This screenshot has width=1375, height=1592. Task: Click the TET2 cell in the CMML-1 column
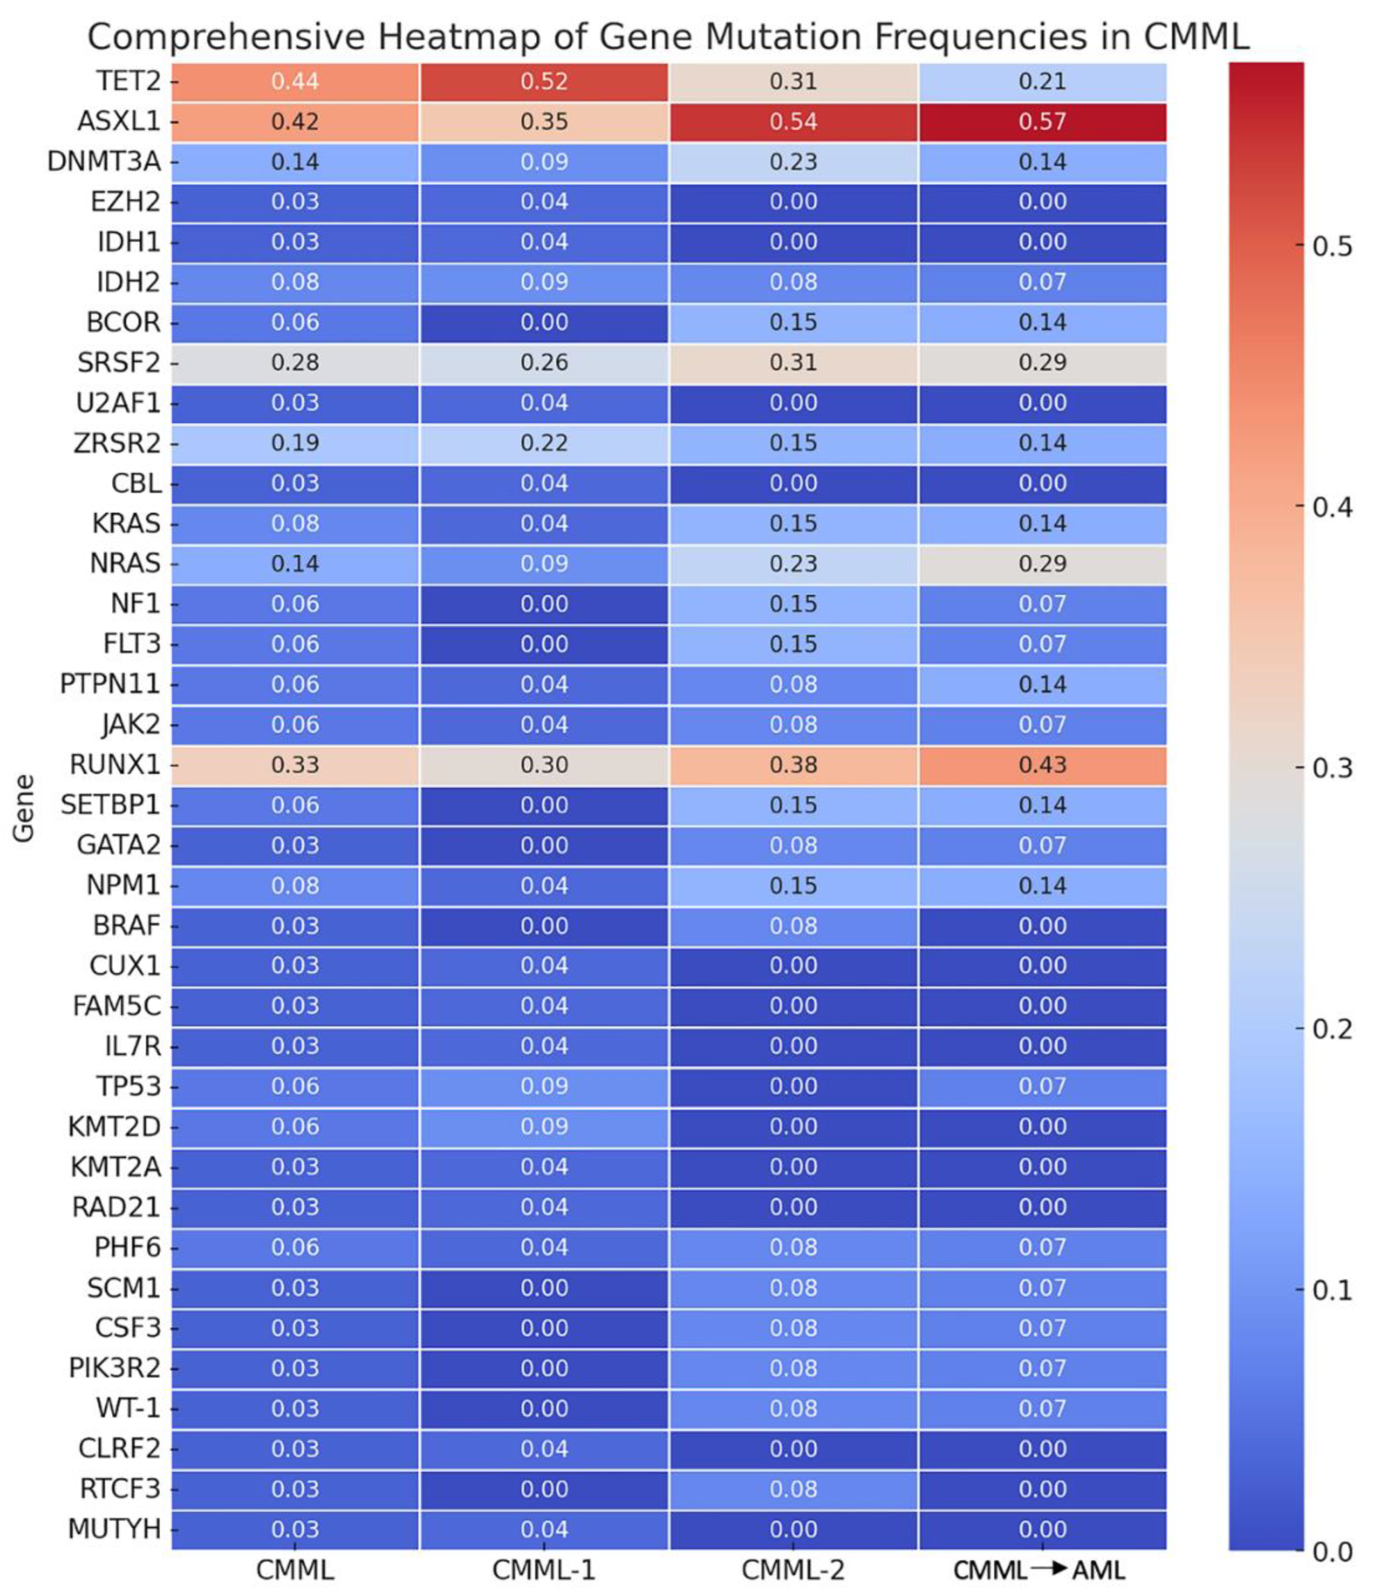point(543,82)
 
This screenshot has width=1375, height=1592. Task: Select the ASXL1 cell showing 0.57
point(1042,122)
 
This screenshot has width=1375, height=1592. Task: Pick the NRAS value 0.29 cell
point(1042,564)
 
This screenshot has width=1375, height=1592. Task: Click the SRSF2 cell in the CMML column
point(295,363)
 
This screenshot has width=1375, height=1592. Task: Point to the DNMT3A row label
point(104,162)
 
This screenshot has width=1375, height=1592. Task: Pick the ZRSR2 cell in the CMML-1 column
point(543,443)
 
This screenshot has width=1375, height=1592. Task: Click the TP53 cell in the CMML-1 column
point(543,1086)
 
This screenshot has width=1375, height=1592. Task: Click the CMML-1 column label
point(543,1570)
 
